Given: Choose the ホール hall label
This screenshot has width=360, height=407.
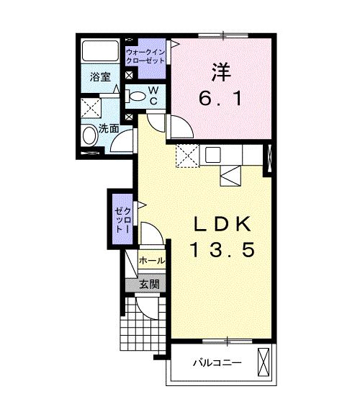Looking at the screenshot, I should tap(151, 260).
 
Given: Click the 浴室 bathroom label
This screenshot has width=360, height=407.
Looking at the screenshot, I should tap(100, 77).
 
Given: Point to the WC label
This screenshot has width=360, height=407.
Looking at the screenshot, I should tap(153, 94).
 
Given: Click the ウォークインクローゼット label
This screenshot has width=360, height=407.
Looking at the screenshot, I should tap(145, 57).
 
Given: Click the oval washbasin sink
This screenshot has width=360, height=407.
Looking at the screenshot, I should tap(90, 136).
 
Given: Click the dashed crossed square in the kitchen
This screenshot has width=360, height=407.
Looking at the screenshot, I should tap(187, 155).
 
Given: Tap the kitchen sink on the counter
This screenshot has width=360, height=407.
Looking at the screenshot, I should tap(213, 154).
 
